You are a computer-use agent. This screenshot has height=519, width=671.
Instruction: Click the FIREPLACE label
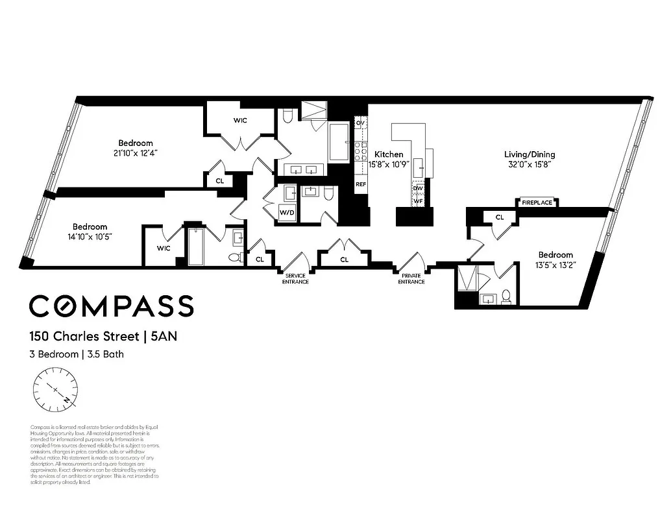537,202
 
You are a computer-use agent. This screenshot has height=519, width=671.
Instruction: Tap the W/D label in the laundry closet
286,213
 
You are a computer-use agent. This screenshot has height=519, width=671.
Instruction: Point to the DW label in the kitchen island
419,188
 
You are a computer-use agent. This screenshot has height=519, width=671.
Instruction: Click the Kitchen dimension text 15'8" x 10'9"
389,165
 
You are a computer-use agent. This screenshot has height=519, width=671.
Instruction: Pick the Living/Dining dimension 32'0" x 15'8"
530,165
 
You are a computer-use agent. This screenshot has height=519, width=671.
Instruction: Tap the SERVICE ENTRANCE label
295,280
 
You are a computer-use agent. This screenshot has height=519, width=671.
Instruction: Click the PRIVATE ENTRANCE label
411,280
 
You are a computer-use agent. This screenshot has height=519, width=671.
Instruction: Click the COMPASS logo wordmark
111,306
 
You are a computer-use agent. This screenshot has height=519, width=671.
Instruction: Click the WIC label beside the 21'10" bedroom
240,121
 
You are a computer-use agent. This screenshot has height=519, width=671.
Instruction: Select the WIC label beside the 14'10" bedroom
164,248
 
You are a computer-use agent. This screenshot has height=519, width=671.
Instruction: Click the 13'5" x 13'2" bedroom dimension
555,265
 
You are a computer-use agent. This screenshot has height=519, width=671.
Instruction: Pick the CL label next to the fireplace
500,217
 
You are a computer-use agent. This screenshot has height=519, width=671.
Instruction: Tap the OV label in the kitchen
360,123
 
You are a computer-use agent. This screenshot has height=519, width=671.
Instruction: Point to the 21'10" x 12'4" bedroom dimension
135,153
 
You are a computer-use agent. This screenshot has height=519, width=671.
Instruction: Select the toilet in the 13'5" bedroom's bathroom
507,298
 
